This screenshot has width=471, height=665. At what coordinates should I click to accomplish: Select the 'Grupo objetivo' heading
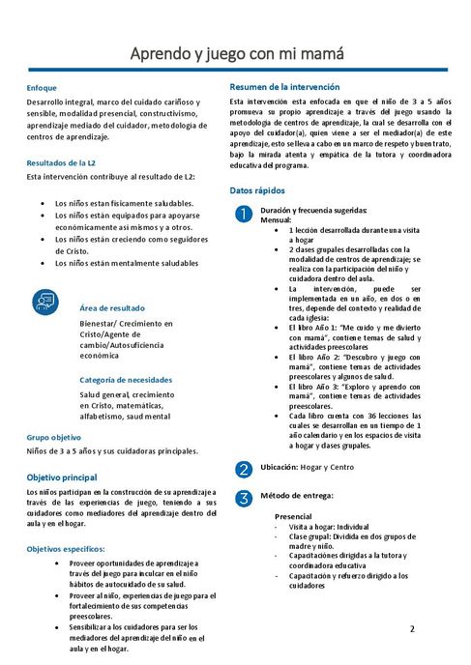tap(54, 437)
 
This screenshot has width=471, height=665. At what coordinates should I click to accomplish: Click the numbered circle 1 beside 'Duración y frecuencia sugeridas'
tap(244, 213)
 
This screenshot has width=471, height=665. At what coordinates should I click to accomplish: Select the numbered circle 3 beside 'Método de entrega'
tap(244, 498)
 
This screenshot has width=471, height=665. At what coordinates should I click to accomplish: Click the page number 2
tap(411, 629)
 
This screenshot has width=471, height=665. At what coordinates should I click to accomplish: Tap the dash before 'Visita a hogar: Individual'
tap(278, 528)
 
